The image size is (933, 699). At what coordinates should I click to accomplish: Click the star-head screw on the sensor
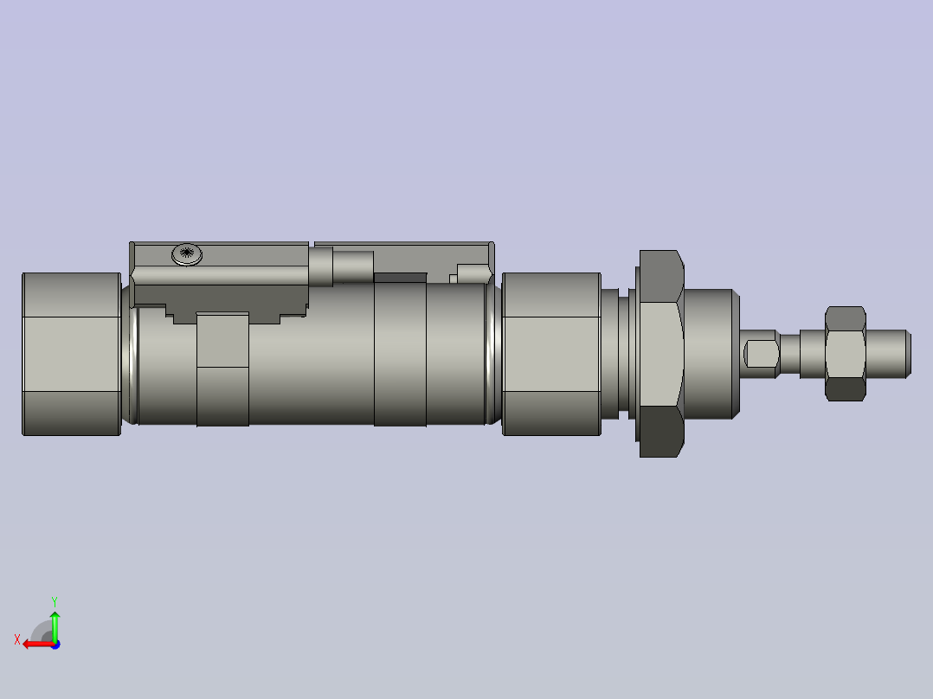(x=187, y=253)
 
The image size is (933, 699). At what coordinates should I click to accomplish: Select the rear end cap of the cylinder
(x=71, y=354)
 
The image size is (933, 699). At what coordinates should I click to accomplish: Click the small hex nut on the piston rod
(x=846, y=353)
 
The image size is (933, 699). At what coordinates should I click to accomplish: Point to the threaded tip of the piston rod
(x=888, y=353)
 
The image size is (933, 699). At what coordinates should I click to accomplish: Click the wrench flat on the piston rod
(x=760, y=353)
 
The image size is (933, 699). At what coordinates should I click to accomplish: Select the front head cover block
(x=551, y=354)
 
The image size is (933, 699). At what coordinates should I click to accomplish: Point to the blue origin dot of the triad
(x=55, y=644)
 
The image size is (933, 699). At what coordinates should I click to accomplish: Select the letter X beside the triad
(x=16, y=639)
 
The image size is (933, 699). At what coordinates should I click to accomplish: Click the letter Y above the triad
(x=54, y=600)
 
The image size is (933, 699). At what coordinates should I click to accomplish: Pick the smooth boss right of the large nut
(x=711, y=353)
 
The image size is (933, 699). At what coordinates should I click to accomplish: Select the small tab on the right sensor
(x=473, y=273)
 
